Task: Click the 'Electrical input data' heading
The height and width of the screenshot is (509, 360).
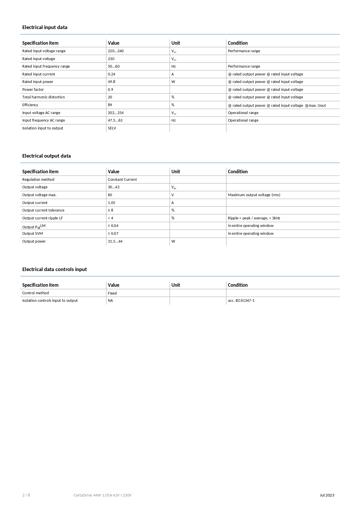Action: [45, 27]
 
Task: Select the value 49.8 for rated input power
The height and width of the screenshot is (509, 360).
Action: [111, 82]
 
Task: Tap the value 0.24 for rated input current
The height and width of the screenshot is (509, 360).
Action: [111, 74]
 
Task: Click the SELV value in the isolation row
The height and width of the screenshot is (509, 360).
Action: [112, 128]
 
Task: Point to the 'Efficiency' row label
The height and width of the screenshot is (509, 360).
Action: [30, 105]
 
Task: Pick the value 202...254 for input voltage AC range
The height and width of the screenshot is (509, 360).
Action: [115, 113]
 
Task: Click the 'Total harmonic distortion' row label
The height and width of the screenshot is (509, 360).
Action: [44, 97]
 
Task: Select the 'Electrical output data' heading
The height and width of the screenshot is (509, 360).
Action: [46, 156]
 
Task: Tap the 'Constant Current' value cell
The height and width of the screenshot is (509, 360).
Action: [122, 180]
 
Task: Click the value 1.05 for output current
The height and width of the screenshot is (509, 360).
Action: [111, 203]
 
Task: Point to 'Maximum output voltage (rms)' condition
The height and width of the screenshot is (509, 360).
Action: [254, 195]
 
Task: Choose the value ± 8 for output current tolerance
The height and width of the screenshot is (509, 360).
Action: [111, 210]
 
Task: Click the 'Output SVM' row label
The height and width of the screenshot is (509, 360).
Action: [32, 234]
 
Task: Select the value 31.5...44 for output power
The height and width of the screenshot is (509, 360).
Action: [115, 241]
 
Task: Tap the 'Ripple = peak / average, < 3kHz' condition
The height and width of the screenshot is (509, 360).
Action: [254, 218]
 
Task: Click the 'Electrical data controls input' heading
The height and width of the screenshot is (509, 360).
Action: [55, 269]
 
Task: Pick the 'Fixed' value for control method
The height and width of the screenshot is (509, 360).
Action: [112, 293]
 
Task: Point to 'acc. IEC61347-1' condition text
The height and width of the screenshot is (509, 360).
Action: [241, 301]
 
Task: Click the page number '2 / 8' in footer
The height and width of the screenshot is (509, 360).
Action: [26, 495]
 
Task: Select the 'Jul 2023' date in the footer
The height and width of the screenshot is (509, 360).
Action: [327, 495]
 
